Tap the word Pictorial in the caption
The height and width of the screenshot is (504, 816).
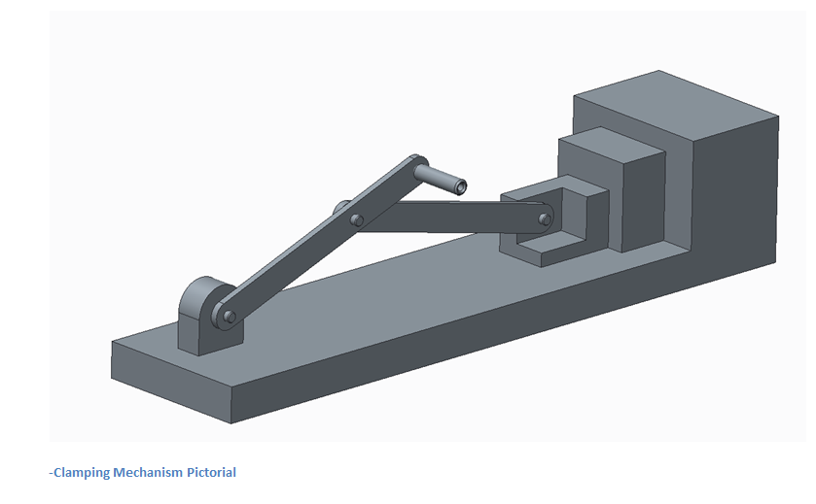click(207, 473)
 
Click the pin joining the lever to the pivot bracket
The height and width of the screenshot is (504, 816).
click(230, 316)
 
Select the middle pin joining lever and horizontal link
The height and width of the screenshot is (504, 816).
click(358, 220)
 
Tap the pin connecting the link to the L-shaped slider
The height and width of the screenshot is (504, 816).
click(545, 218)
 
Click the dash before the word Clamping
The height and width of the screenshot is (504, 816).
click(52, 473)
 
